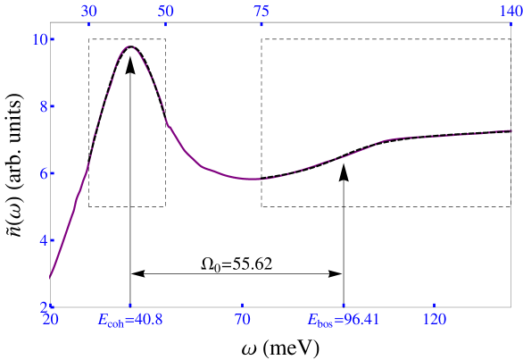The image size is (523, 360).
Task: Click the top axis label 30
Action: point(88,11)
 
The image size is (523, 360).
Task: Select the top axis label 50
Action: point(165,11)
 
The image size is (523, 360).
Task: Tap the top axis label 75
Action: point(261,11)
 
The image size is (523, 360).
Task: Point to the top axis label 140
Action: point(510,11)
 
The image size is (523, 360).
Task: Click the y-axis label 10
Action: point(39,39)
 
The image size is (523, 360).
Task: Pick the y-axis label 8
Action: point(43,106)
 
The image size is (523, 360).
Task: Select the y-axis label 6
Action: point(43,173)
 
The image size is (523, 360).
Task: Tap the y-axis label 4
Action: point(43,240)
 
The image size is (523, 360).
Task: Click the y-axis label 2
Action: point(43,306)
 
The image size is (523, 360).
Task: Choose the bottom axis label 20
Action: point(51,319)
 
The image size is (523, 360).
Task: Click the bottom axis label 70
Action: point(243,319)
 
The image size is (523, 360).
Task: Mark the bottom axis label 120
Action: point(435,319)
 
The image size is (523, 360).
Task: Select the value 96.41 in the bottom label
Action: point(357,319)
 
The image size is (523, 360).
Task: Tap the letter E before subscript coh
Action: point(103,319)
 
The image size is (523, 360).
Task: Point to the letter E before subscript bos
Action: point(312,319)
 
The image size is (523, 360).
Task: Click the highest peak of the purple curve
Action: point(130,46)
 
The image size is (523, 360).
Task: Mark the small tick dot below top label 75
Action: point(261,25)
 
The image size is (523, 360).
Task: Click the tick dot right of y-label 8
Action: point(54,106)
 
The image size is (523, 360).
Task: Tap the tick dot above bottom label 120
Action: point(435,305)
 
